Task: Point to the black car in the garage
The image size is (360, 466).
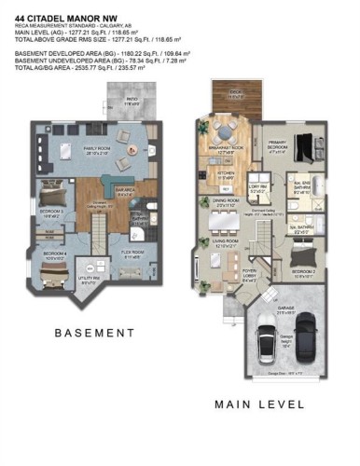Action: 307,342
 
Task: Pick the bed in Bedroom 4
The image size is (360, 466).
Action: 54,270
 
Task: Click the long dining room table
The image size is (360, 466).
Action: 221,222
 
